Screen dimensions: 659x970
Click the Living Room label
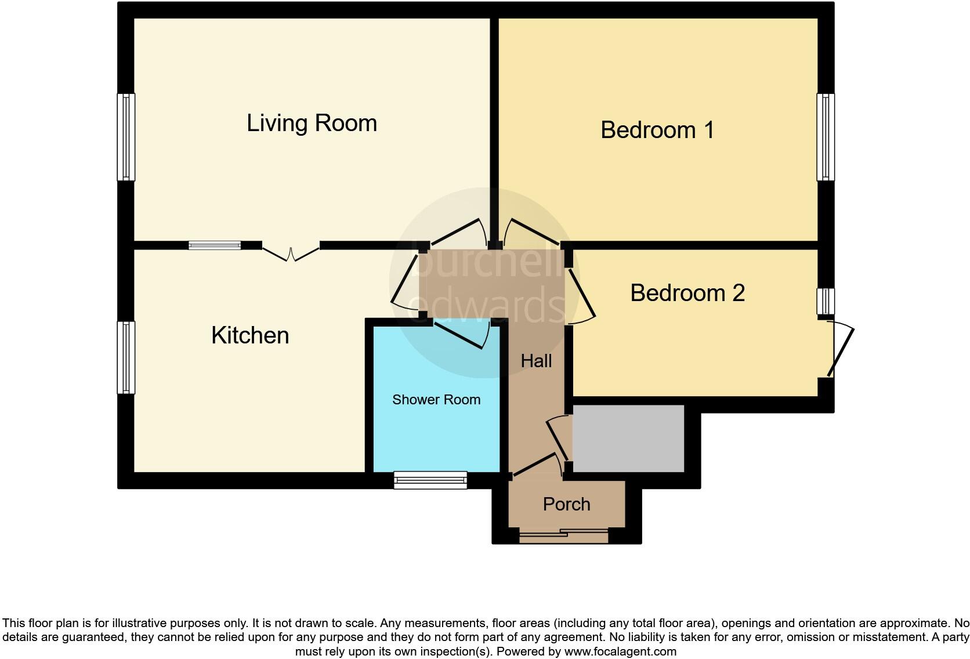pyautogui.click(x=312, y=123)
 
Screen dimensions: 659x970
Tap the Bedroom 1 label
pyautogui.click(x=657, y=130)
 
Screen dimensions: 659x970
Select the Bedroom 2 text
pyautogui.click(x=687, y=293)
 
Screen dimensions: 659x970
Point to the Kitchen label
pyautogui.click(x=250, y=335)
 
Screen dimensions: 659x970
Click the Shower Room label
pyautogui.click(x=436, y=400)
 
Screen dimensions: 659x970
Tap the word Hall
pyautogui.click(x=536, y=361)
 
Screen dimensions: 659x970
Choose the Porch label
pyautogui.click(x=566, y=504)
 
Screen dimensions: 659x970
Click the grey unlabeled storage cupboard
pyautogui.click(x=628, y=439)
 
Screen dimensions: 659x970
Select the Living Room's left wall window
pyautogui.click(x=126, y=137)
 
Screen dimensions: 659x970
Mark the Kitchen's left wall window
pyautogui.click(x=126, y=357)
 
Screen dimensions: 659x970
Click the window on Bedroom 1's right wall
pyautogui.click(x=826, y=137)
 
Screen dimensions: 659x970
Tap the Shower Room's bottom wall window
pyautogui.click(x=430, y=480)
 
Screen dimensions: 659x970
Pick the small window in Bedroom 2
pyautogui.click(x=826, y=302)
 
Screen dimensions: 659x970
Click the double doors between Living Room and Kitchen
pyautogui.click(x=291, y=253)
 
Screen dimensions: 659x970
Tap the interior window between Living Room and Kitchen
pyautogui.click(x=215, y=245)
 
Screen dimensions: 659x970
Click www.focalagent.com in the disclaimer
pyautogui.click(x=620, y=651)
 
